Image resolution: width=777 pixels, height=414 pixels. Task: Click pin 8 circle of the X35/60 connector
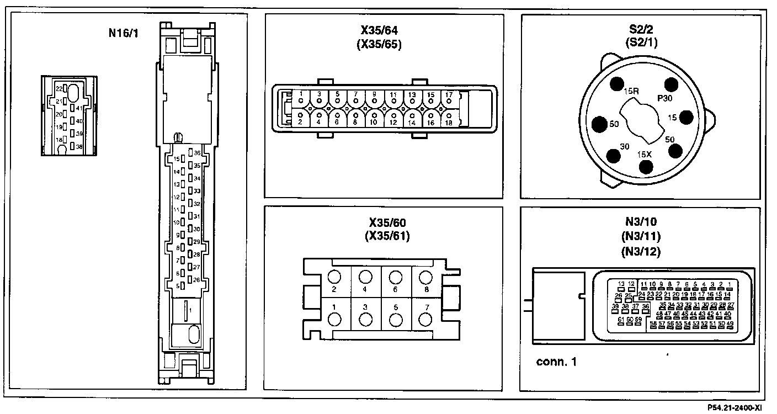coord(425,277)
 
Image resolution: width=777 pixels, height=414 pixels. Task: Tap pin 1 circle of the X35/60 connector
coord(334,319)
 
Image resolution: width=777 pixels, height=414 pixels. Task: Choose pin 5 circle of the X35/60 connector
coord(395,319)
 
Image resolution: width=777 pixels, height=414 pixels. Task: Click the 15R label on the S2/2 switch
coord(631,90)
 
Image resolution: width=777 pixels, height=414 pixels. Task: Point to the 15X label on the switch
coord(645,154)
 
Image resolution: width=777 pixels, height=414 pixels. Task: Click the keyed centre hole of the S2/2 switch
coord(642,120)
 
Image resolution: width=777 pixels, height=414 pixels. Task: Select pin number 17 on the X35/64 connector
coord(449,95)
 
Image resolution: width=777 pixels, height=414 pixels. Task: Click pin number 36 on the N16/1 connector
coord(197,153)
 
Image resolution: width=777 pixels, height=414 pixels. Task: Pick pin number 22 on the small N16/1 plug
coord(59,88)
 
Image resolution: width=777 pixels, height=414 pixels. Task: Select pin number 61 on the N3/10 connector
coord(621,320)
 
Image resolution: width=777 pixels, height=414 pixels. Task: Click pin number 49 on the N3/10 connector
coord(730,323)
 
